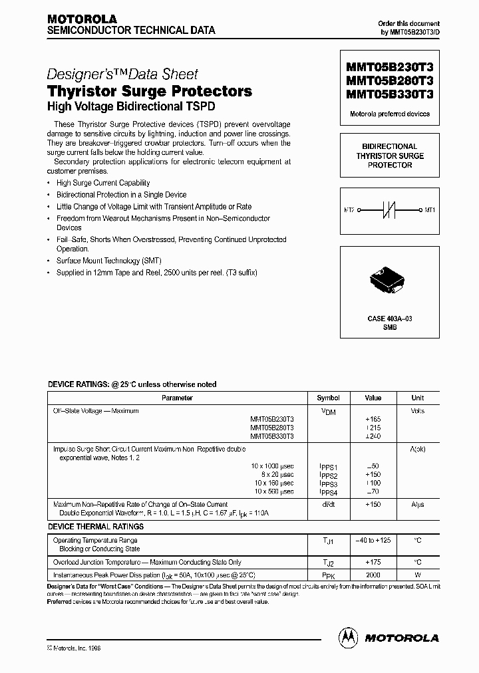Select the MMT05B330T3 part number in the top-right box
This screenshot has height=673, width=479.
[x=389, y=94]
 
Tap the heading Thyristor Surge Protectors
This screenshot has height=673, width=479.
[x=150, y=91]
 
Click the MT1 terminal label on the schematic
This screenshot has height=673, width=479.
[x=430, y=210]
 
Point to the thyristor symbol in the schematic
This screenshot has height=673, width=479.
[x=390, y=210]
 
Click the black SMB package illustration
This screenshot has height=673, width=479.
[x=390, y=281]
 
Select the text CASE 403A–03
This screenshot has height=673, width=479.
[x=390, y=319]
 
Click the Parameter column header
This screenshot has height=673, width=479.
[x=178, y=398]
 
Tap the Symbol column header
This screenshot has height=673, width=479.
[x=328, y=398]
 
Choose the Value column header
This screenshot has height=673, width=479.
[x=373, y=398]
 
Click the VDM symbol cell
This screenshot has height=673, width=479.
[x=328, y=412]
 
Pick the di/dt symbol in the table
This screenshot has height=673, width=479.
[x=328, y=505]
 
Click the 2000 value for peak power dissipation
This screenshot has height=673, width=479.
[x=373, y=574]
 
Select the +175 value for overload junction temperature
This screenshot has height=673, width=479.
[x=373, y=562]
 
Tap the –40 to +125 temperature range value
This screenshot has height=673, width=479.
[x=373, y=541]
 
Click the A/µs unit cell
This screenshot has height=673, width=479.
[x=417, y=505]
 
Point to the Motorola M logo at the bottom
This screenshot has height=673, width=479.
[x=348, y=636]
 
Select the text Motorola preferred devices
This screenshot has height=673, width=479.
[x=390, y=114]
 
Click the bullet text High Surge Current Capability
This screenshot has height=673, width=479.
[x=103, y=183]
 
